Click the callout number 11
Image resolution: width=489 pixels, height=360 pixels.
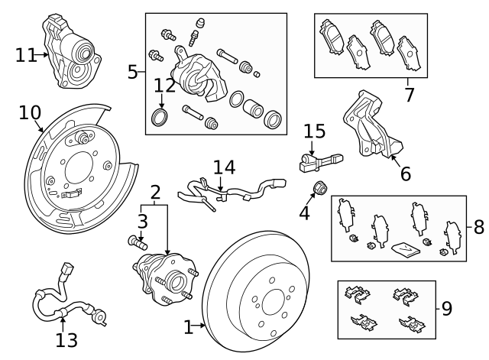click(x=25, y=54)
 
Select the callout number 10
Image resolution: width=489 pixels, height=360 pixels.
click(x=29, y=113)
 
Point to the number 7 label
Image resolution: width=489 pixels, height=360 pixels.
click(x=409, y=95)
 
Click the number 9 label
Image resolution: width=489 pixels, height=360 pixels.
click(x=447, y=309)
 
